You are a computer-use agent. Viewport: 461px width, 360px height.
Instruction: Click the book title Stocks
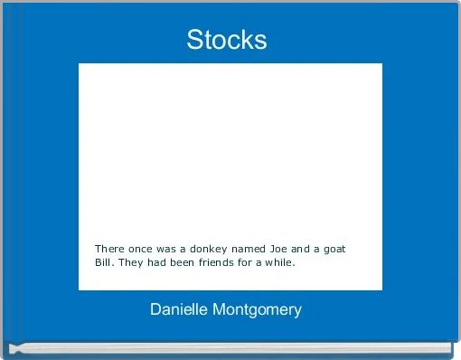[x=227, y=40]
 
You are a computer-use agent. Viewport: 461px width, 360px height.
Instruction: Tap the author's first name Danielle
[x=180, y=309]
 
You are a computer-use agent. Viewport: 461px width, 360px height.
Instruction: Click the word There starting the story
[x=109, y=248]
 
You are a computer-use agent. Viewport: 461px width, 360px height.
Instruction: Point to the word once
[x=143, y=248]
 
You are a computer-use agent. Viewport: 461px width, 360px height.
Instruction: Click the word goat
[x=336, y=248]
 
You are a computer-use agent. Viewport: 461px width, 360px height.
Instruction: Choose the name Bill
[x=105, y=264]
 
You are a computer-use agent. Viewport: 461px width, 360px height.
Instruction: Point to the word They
[x=135, y=264]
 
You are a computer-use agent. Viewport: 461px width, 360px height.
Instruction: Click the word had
[x=162, y=264]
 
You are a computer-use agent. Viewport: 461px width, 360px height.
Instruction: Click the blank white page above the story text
[x=230, y=145]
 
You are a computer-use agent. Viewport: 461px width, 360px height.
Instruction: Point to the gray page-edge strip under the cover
[x=230, y=346]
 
